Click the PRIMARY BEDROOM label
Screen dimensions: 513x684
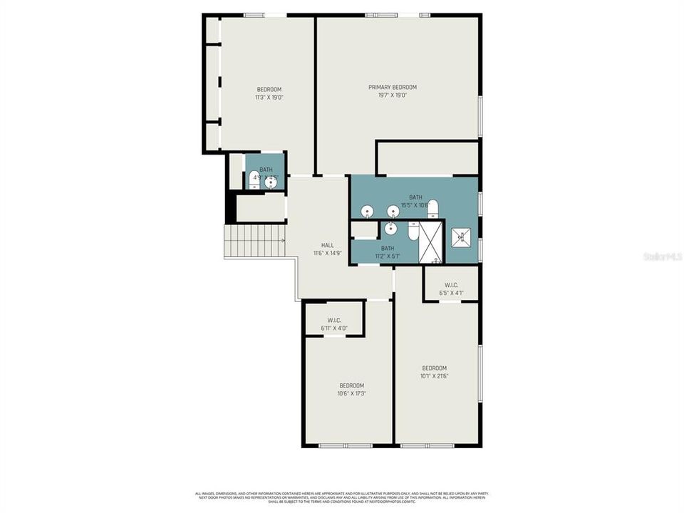point(392,87)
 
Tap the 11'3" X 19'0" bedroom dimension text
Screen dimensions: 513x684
point(269,97)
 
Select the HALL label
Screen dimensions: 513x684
point(327,245)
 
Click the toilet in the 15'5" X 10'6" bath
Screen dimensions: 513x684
point(432,209)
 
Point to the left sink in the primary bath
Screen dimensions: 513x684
point(367,212)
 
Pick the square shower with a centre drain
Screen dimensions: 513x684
point(460,237)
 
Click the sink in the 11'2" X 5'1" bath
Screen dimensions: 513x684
point(390,229)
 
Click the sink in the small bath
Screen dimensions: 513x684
point(270,182)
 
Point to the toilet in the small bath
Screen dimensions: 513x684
point(254,183)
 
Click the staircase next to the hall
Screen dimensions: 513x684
point(254,242)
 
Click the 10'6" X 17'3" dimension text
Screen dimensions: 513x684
point(351,393)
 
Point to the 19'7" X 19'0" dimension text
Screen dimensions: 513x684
point(392,95)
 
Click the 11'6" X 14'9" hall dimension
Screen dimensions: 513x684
point(327,253)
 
